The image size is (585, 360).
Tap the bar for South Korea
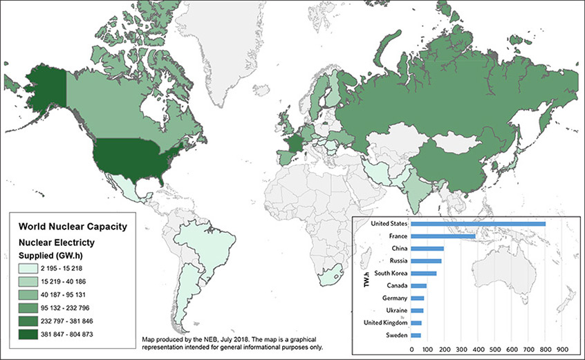424,273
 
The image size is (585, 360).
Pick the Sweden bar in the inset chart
416,335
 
